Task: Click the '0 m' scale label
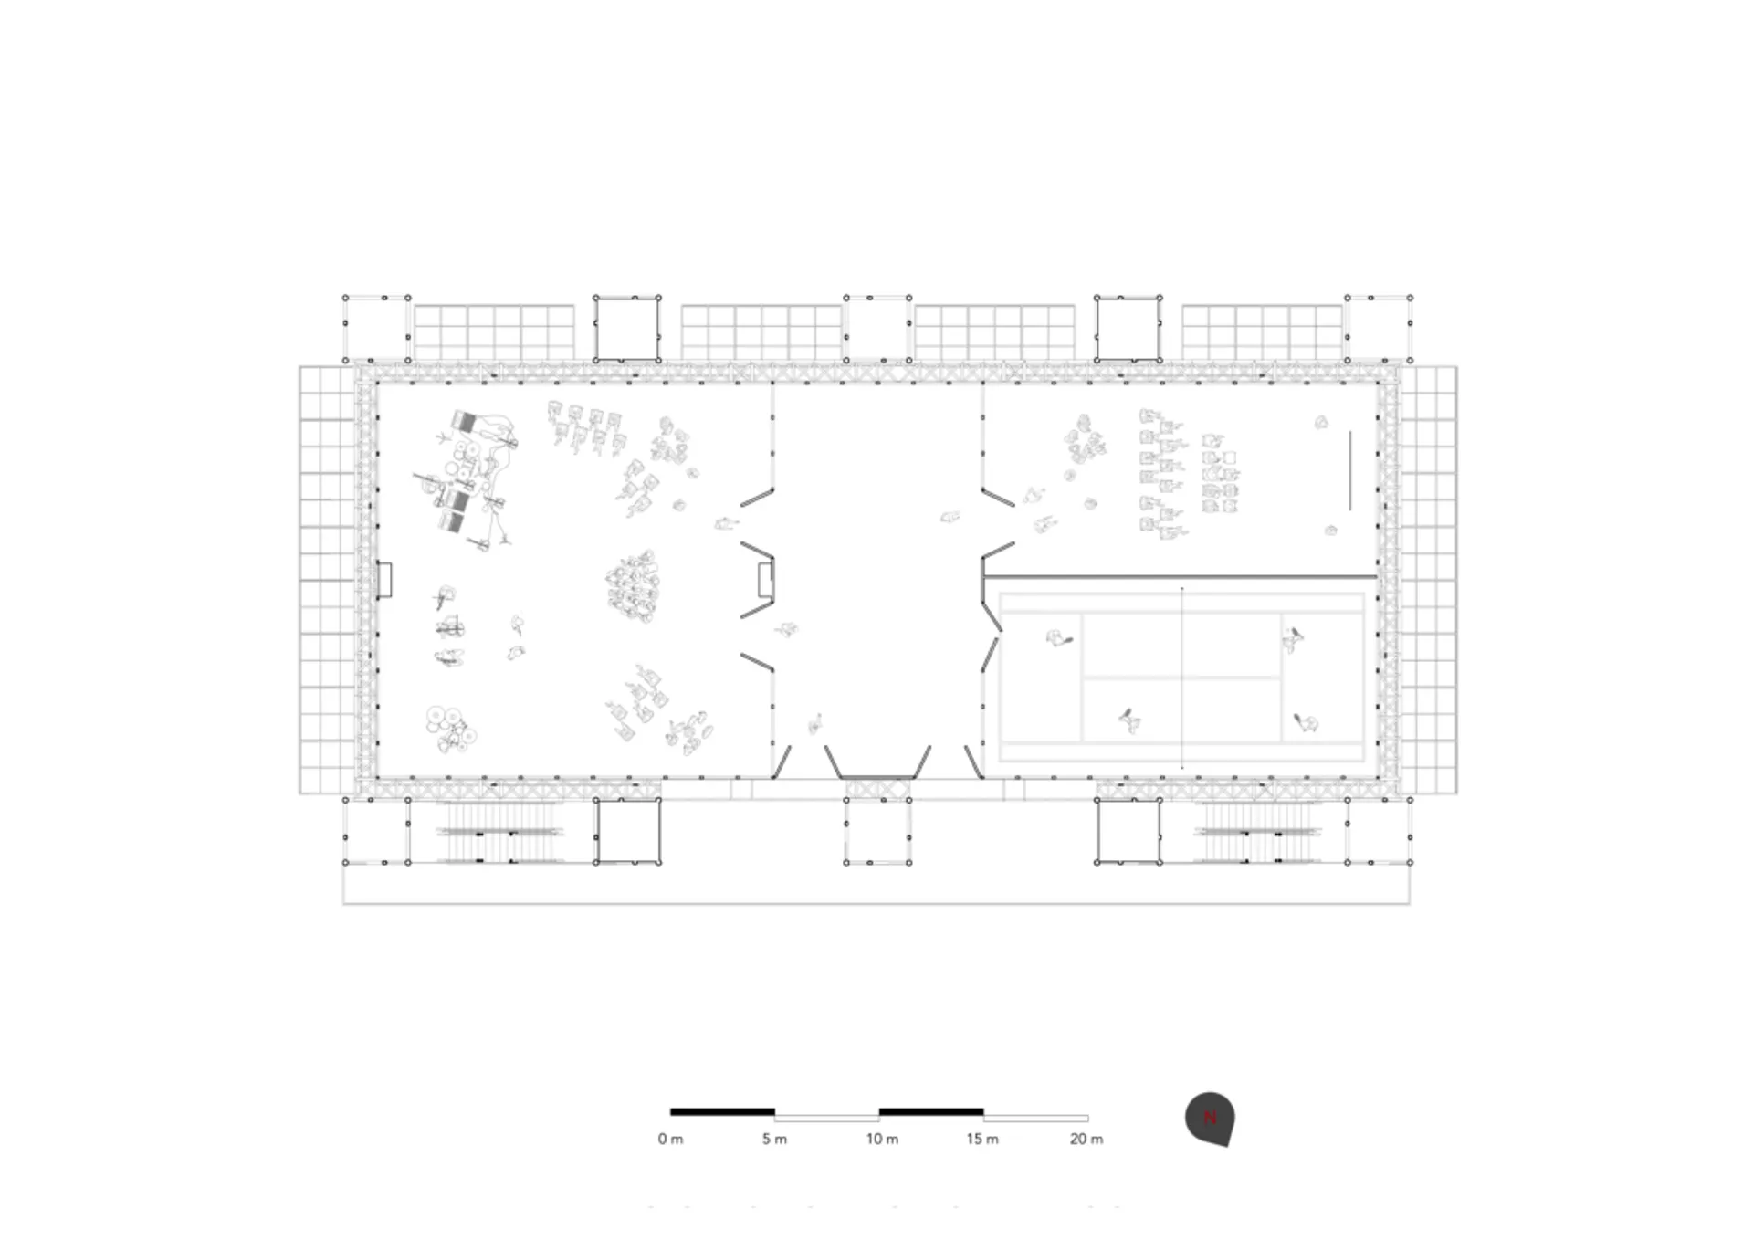(x=670, y=1139)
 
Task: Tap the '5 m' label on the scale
(x=774, y=1139)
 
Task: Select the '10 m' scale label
(x=882, y=1139)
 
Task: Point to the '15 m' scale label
(x=982, y=1139)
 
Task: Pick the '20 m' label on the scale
(x=1086, y=1139)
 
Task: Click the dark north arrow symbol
(x=1211, y=1118)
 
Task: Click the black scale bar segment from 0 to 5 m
(x=722, y=1111)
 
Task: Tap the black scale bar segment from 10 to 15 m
(x=931, y=1111)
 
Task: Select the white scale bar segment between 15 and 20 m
(x=1036, y=1118)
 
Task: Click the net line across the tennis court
(x=1182, y=678)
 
